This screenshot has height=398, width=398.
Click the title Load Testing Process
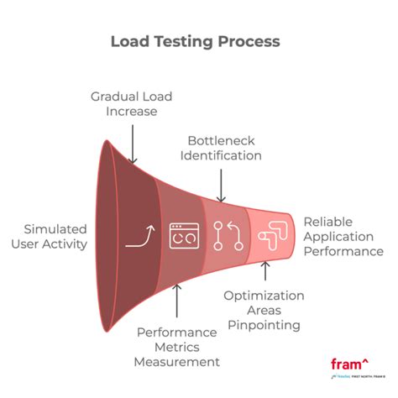[x=196, y=40]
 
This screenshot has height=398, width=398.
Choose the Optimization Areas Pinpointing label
[x=264, y=310]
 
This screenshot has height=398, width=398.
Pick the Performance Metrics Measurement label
[x=177, y=346]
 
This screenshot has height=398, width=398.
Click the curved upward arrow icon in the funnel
[x=139, y=238]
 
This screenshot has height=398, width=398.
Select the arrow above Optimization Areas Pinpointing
[x=264, y=271]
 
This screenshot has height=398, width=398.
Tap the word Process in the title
[x=249, y=40]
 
